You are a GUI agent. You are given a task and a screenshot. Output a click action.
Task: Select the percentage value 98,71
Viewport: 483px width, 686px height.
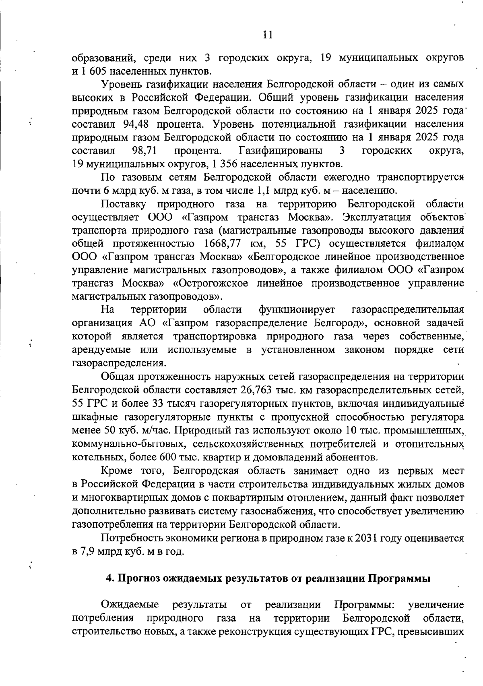click(144, 151)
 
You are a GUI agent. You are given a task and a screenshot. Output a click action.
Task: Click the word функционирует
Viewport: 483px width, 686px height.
click(297, 310)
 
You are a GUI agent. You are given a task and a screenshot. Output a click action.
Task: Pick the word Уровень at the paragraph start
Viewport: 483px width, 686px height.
click(122, 85)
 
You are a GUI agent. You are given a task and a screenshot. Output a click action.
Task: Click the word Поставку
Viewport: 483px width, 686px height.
click(122, 204)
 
